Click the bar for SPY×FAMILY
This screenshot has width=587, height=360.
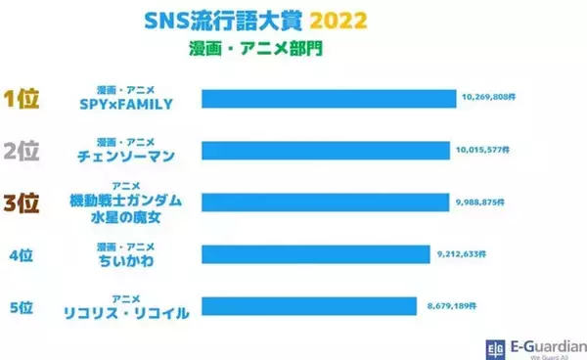coord(329,98)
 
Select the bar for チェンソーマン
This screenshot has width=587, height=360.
coord(324,151)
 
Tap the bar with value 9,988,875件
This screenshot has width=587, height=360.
coord(324,202)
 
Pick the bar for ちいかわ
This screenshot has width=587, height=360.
coord(314,254)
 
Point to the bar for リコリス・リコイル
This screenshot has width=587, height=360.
coord(309,305)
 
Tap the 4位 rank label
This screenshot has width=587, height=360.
coord(22,255)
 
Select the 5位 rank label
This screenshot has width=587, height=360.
coord(22,306)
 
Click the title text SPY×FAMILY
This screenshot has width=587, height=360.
coord(130,103)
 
